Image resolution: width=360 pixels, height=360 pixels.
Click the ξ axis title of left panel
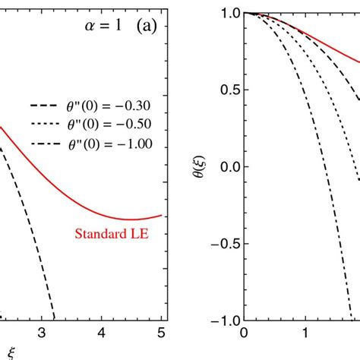click(x=10, y=352)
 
